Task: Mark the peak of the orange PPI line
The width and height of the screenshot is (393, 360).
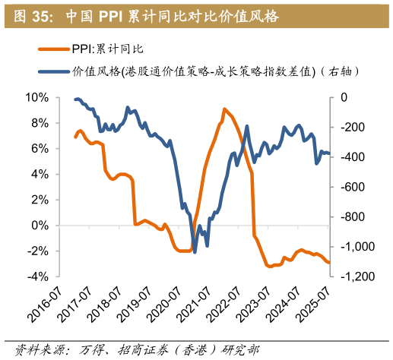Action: click(x=224, y=109)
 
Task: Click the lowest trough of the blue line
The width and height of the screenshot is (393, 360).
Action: click(x=195, y=252)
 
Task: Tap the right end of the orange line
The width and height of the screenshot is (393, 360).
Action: click(x=329, y=263)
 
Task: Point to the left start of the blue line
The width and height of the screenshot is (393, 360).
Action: click(x=74, y=99)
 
